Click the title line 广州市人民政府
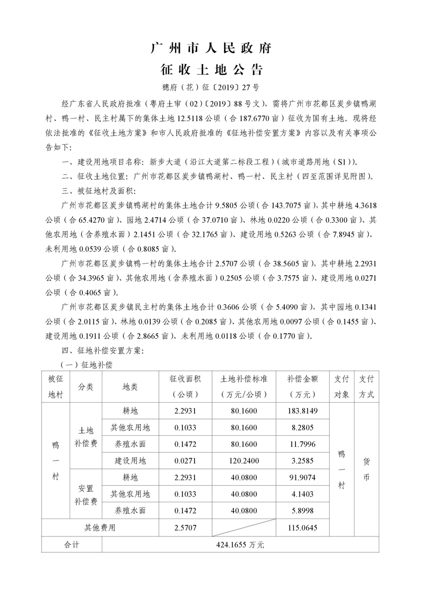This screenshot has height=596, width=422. (211, 49)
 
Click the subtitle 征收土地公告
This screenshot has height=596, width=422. (211, 70)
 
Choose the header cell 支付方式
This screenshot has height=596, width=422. (367, 386)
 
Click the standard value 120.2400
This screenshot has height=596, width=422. (244, 461)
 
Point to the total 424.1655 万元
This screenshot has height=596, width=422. (241, 544)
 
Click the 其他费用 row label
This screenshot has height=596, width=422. (100, 527)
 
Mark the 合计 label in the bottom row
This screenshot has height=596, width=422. (71, 544)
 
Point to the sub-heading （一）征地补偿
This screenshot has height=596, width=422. (87, 364)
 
